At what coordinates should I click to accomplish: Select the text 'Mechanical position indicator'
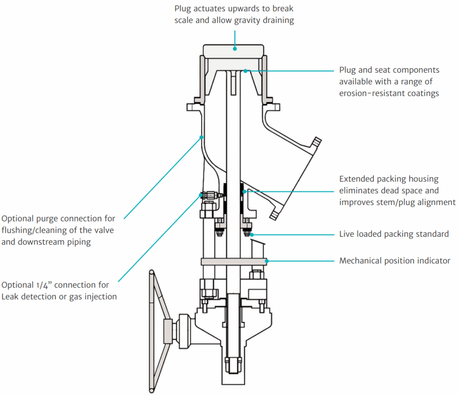[x=394, y=260]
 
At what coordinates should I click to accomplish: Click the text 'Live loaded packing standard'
[x=394, y=234]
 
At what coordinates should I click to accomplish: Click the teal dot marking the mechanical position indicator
[x=267, y=260]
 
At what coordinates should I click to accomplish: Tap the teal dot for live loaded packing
[x=251, y=234]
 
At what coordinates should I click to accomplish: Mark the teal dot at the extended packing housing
[x=244, y=191]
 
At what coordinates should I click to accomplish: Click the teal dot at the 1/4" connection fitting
[x=201, y=195]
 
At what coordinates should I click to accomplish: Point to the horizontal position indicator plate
[x=233, y=261]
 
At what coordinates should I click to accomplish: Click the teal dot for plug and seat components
[x=245, y=70]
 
